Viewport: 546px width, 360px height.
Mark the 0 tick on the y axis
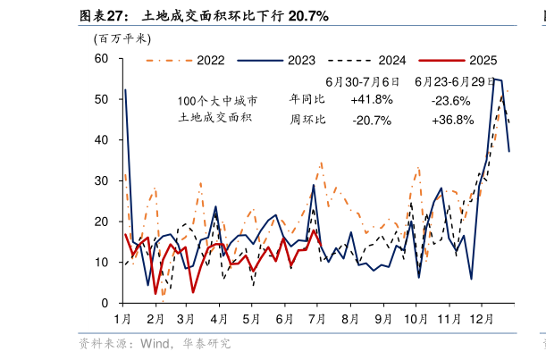pyautogui.click(x=105, y=304)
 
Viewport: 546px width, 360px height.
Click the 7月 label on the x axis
pyautogui.click(x=317, y=319)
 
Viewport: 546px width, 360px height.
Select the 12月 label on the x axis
pyautogui.click(x=480, y=319)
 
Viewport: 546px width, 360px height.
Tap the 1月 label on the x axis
pyautogui.click(x=122, y=319)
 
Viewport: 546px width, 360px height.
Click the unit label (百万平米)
pyautogui.click(x=122, y=38)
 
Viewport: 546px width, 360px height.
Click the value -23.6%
pyautogui.click(x=450, y=99)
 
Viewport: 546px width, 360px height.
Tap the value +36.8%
pyautogui.click(x=450, y=121)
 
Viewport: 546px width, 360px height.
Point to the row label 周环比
pyautogui.click(x=307, y=120)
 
